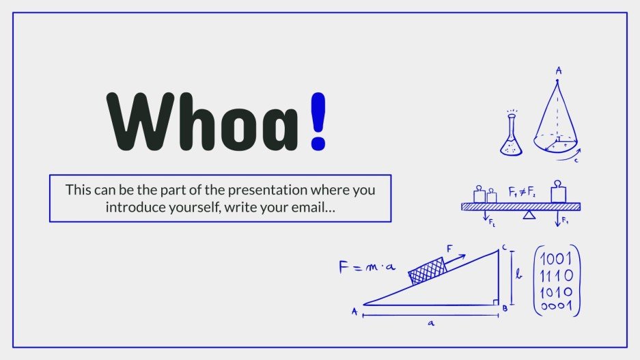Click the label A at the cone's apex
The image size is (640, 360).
pos(558,70)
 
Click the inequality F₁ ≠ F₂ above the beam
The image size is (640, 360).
pos(522,191)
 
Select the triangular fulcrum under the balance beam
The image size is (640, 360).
pos(529,214)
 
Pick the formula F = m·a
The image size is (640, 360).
pos(367,267)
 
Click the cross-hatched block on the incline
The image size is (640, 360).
pos(426,272)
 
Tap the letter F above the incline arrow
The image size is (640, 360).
pos(449,249)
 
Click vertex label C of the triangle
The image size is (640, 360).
pos(504,247)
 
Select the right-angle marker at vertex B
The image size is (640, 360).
pos(495,301)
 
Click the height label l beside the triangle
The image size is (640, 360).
pos(518,275)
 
